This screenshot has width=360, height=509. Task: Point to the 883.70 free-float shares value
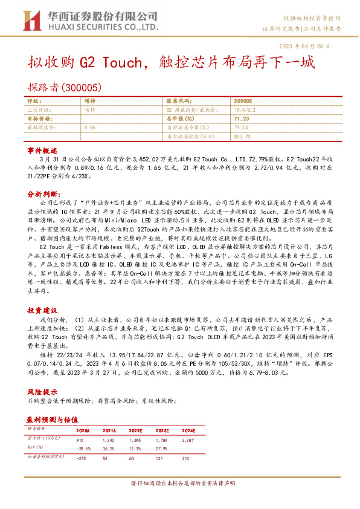(x=243, y=137)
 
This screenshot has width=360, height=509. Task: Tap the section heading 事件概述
(x=42, y=149)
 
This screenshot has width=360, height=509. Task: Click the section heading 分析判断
(x=43, y=195)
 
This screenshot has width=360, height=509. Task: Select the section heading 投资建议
(x=42, y=310)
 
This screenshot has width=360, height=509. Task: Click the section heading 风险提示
(x=42, y=391)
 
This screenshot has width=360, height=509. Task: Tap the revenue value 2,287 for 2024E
(x=223, y=439)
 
